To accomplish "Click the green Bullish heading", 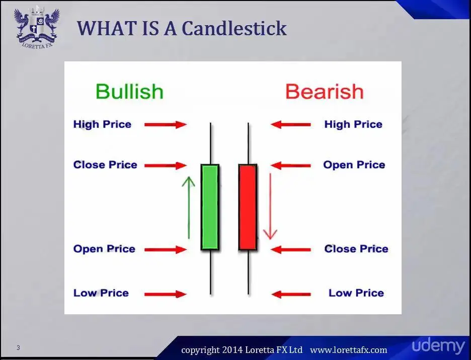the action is [129, 92].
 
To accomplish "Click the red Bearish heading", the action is [325, 92].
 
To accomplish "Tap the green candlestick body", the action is [210, 207].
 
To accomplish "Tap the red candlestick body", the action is [248, 207].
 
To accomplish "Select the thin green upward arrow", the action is [189, 208].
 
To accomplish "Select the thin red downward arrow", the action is [270, 206].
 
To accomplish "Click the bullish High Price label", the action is [102, 124].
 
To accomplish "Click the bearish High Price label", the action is [353, 124].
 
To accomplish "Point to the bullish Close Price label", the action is [105, 165].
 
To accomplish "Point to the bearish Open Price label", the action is [354, 165].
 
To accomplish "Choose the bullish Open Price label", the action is [104, 249].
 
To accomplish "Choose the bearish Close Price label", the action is [356, 249].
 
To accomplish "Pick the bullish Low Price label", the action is [101, 293].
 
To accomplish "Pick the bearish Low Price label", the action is [356, 293].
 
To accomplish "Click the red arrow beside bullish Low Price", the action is [166, 294].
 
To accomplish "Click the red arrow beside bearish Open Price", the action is [291, 165].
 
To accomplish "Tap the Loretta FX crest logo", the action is [37, 28].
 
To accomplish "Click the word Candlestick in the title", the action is [234, 29].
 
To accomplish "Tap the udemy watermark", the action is [438, 346].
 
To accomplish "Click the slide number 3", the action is [18, 348].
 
